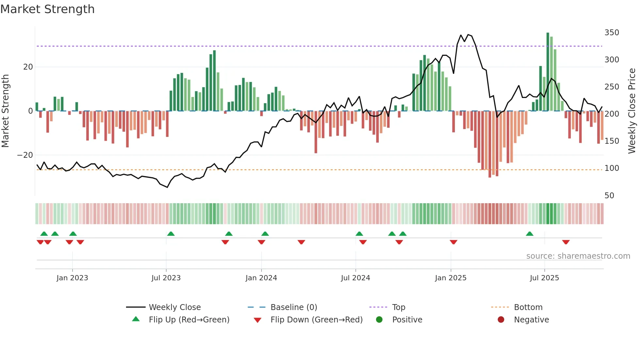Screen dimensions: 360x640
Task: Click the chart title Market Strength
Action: click(x=48, y=9)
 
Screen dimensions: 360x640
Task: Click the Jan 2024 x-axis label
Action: click(x=261, y=278)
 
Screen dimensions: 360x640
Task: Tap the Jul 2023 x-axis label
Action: click(x=166, y=278)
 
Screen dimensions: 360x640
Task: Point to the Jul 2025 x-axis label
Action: click(x=544, y=278)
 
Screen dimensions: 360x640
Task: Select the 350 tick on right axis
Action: click(x=612, y=33)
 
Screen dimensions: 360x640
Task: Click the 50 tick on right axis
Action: click(x=609, y=196)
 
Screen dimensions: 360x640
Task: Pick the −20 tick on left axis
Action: click(x=25, y=155)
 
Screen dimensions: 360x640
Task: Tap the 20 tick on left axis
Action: click(x=28, y=67)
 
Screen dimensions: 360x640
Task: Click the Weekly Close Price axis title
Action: click(x=632, y=111)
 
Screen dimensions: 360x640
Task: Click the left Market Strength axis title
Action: click(x=6, y=111)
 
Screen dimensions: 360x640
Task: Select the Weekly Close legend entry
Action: click(x=175, y=307)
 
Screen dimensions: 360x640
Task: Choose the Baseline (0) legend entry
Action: click(x=294, y=307)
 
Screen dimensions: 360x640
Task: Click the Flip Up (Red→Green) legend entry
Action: click(x=189, y=320)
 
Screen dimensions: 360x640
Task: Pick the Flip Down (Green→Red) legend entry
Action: click(x=316, y=320)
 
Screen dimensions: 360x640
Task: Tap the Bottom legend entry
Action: click(x=528, y=307)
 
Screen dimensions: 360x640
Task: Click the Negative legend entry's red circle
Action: click(x=501, y=320)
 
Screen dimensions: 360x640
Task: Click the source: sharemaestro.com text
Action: click(x=578, y=256)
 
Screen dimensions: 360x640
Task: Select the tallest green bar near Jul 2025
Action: click(x=548, y=72)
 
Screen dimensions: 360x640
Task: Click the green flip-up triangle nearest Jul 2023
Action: click(x=171, y=234)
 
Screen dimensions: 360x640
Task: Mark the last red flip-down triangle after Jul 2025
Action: click(x=566, y=242)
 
